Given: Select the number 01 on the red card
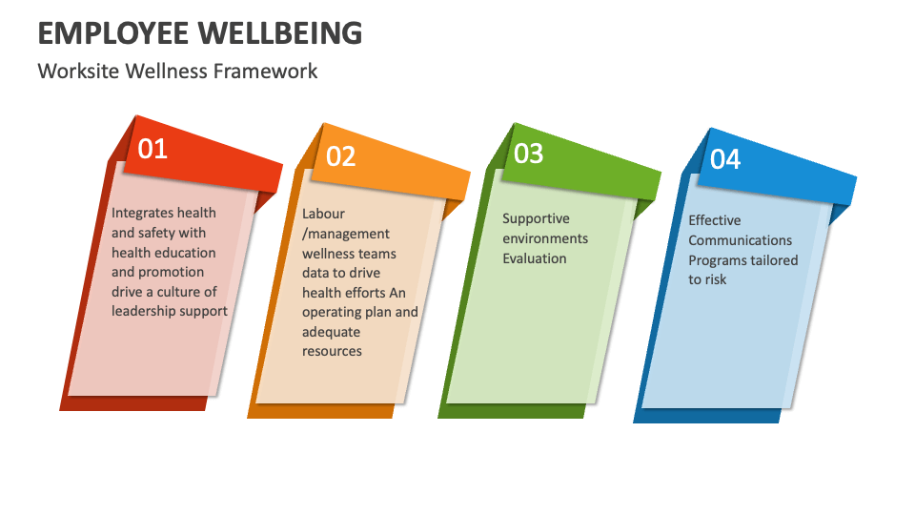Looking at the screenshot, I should pyautogui.click(x=152, y=149).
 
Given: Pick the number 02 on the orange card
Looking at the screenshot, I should pyautogui.click(x=340, y=156).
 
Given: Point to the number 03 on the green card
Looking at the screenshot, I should pyautogui.click(x=528, y=153).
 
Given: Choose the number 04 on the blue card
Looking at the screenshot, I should pyautogui.click(x=725, y=159).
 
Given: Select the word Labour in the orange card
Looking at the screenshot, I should pyautogui.click(x=323, y=214).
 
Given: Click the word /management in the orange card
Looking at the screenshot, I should pyautogui.click(x=346, y=234).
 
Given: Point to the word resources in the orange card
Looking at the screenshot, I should pyautogui.click(x=333, y=351).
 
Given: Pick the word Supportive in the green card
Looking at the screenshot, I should pyautogui.click(x=536, y=218).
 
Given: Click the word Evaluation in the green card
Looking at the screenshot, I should pyautogui.click(x=535, y=258).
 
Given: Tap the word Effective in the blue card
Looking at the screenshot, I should pyautogui.click(x=715, y=220).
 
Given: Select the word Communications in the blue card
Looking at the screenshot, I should pyautogui.click(x=741, y=240).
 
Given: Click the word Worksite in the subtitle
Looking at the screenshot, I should pyautogui.click(x=71, y=72).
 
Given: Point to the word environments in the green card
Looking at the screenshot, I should pyautogui.click(x=545, y=238).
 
